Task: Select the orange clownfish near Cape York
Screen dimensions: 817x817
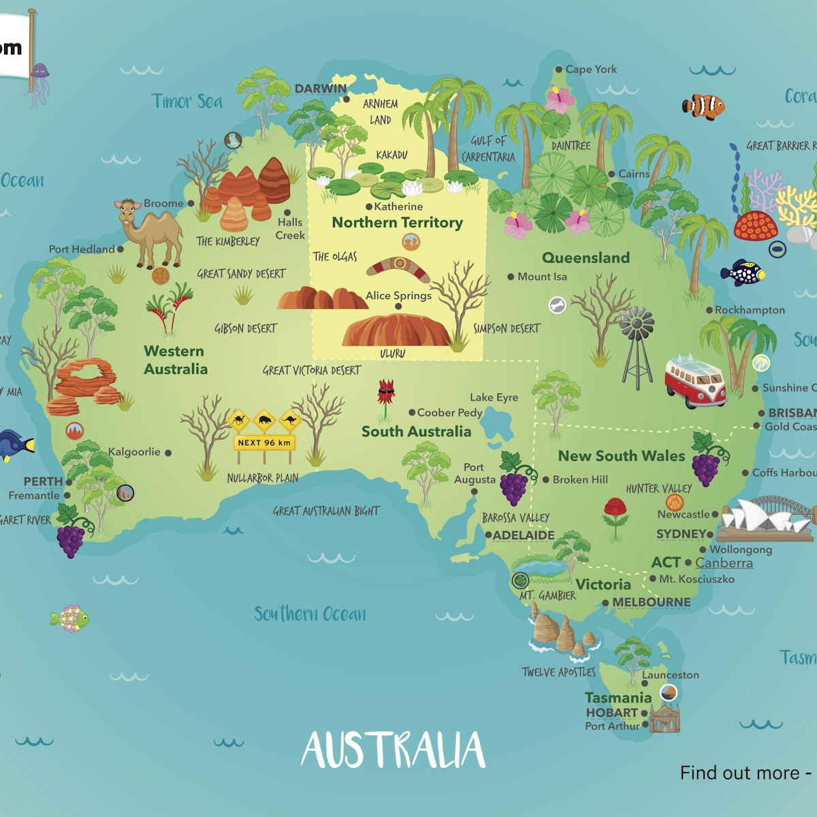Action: click(x=703, y=106)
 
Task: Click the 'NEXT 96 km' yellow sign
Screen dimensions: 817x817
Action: click(x=264, y=443)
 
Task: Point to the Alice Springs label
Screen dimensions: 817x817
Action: click(x=398, y=295)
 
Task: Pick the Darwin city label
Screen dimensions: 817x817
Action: click(x=320, y=89)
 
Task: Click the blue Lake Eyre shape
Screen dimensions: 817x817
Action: click(x=497, y=426)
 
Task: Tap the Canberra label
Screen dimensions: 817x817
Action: click(x=724, y=562)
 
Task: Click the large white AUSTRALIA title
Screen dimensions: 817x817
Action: click(x=394, y=750)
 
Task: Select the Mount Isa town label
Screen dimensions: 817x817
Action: click(x=542, y=276)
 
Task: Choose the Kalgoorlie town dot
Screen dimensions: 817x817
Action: click(x=168, y=452)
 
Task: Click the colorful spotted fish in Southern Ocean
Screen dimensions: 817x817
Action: click(x=69, y=618)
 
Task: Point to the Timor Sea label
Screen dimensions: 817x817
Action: click(x=187, y=101)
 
